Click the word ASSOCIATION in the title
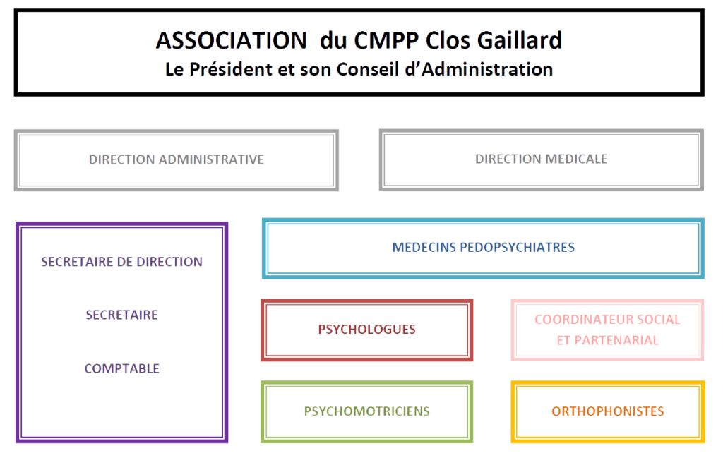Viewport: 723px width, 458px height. [226, 41]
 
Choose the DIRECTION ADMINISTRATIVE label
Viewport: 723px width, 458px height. [177, 159]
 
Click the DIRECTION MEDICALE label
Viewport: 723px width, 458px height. [542, 159]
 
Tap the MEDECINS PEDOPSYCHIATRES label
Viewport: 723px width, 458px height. [483, 248]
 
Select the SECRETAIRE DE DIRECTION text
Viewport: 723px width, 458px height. [122, 262]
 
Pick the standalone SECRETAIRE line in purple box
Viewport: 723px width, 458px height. [121, 315]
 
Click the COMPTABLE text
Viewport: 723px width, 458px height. [122, 368]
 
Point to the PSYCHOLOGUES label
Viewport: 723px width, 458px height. [366, 330]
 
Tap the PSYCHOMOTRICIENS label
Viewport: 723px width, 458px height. [366, 411]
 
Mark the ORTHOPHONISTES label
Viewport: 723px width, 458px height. [607, 411]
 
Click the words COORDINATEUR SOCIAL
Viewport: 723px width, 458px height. [607, 320]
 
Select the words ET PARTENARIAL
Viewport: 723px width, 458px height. [607, 340]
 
